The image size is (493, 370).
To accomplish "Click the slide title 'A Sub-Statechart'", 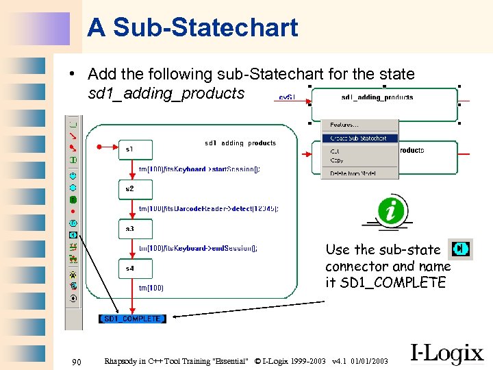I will [192, 28].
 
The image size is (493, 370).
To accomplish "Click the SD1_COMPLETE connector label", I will [133, 319].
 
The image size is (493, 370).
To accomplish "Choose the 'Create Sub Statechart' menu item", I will [358, 138].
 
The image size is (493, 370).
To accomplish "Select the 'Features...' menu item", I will [344, 125].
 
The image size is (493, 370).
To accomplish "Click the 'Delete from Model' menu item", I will [353, 173].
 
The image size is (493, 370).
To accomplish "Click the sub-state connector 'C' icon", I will [460, 249].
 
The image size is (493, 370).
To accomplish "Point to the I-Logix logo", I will [446, 352].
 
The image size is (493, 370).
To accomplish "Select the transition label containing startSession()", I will [199, 169].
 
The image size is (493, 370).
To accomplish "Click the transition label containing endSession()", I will [198, 249].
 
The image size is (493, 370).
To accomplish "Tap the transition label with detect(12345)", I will [208, 208].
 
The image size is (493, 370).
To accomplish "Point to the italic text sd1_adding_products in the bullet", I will [166, 92].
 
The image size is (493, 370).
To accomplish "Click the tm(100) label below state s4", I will [151, 288].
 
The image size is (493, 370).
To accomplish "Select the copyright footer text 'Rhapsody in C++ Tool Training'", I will [175, 361].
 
